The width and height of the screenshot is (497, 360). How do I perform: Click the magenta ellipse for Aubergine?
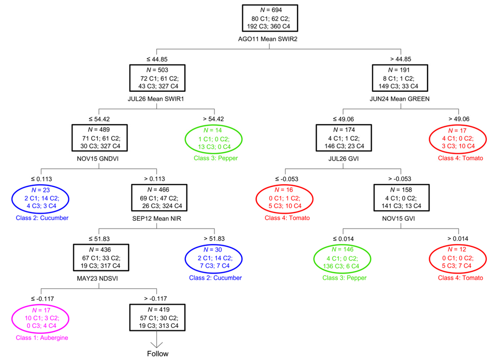coord(41,318)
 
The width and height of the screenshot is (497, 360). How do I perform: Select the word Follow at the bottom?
coord(158,354)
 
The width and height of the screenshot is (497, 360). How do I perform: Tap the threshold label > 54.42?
coord(214,118)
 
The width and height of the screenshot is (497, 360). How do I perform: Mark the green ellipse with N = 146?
coord(343,258)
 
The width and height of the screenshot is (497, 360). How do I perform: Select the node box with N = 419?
coord(157,318)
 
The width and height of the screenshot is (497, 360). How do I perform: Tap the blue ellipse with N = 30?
coord(213,258)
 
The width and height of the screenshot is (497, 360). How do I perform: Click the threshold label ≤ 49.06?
coord(343,118)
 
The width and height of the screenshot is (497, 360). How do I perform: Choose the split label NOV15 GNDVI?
coord(99,159)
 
